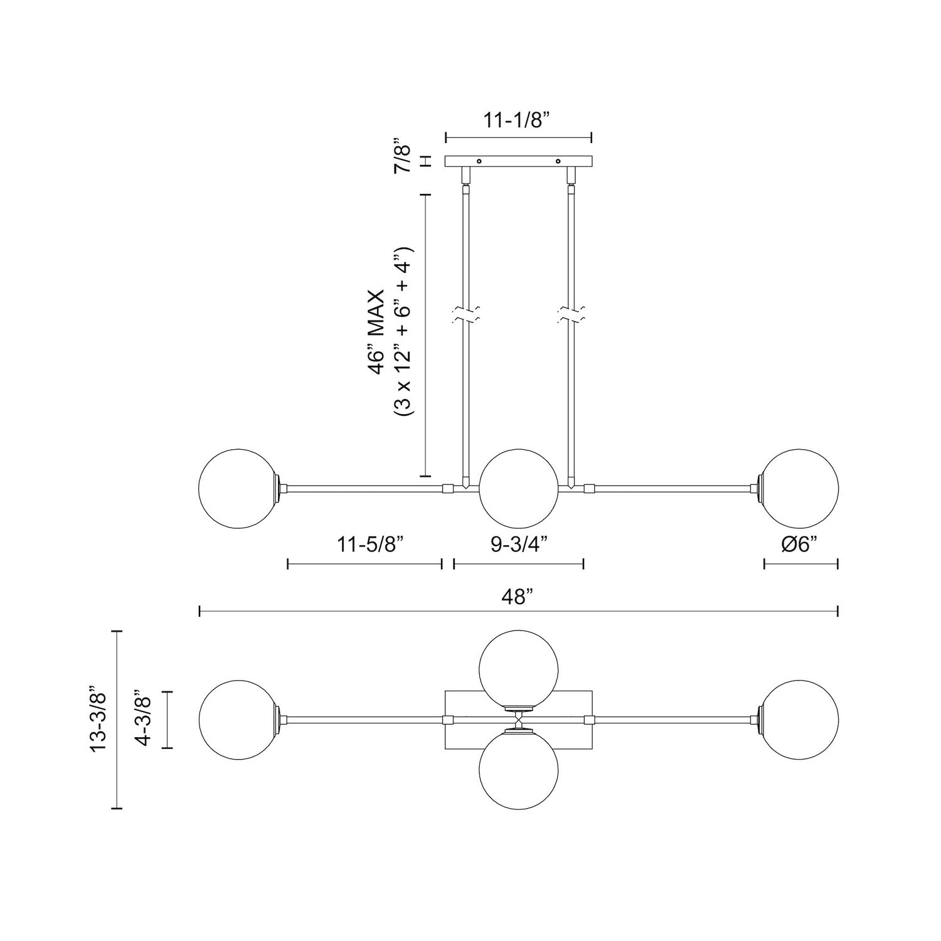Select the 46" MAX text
[376, 332]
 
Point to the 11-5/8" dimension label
[365, 544]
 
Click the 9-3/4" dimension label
[519, 544]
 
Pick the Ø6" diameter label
[801, 544]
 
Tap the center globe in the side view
[518, 487]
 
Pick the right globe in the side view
[800, 487]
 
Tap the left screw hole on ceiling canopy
[479, 161]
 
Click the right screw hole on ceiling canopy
[558, 161]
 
